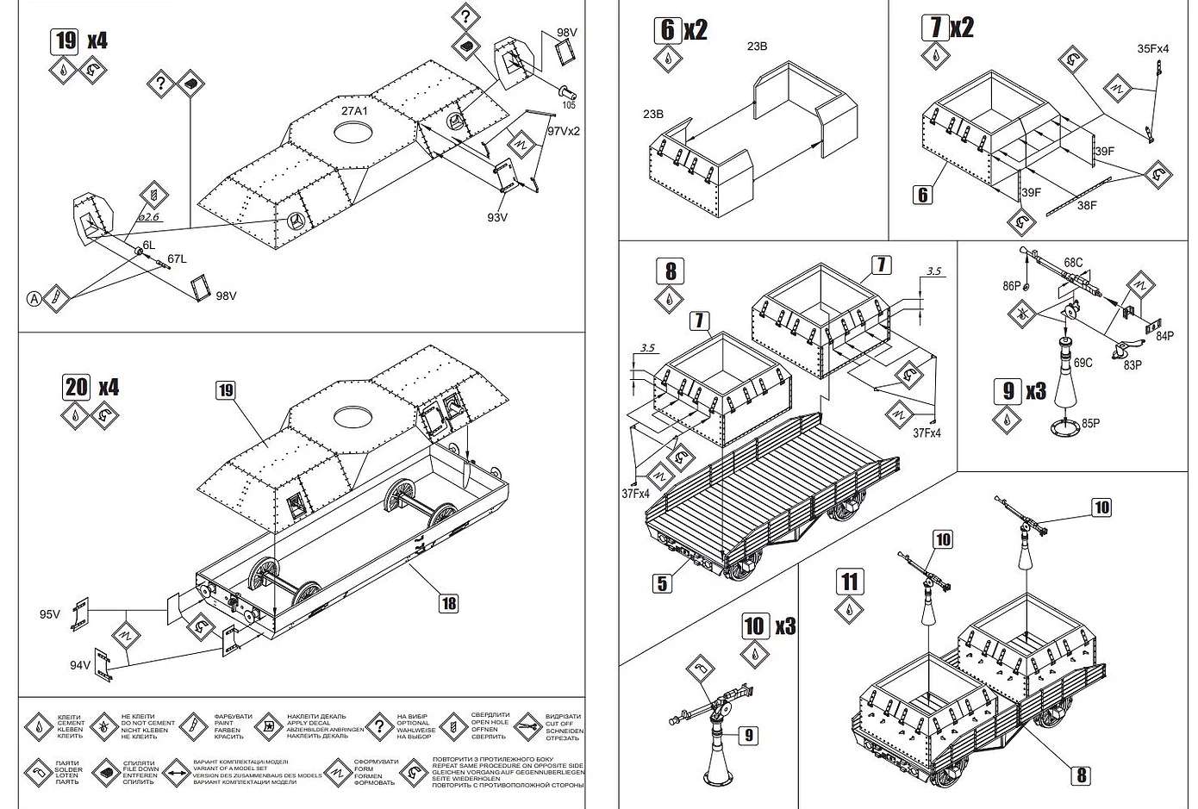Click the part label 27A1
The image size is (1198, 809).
click(x=353, y=111)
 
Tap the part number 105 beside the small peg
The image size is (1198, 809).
click(x=568, y=106)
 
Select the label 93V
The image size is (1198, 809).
click(x=498, y=217)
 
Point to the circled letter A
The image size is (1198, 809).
click(x=34, y=299)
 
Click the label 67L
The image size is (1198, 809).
click(x=178, y=258)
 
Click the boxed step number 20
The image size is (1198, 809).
click(x=77, y=387)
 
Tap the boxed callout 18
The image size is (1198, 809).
click(x=448, y=603)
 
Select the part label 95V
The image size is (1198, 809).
click(x=50, y=614)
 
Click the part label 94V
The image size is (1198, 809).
click(x=81, y=665)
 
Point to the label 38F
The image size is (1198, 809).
click(x=1087, y=205)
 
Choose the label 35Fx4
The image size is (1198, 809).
click(x=1153, y=49)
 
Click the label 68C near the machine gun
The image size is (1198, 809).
click(x=1073, y=261)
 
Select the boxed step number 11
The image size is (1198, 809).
click(x=850, y=582)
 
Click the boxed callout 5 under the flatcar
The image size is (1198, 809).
click(x=662, y=583)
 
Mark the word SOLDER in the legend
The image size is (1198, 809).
click(x=69, y=769)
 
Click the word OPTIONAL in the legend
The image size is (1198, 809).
click(x=412, y=723)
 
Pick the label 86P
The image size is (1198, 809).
click(x=1012, y=284)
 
